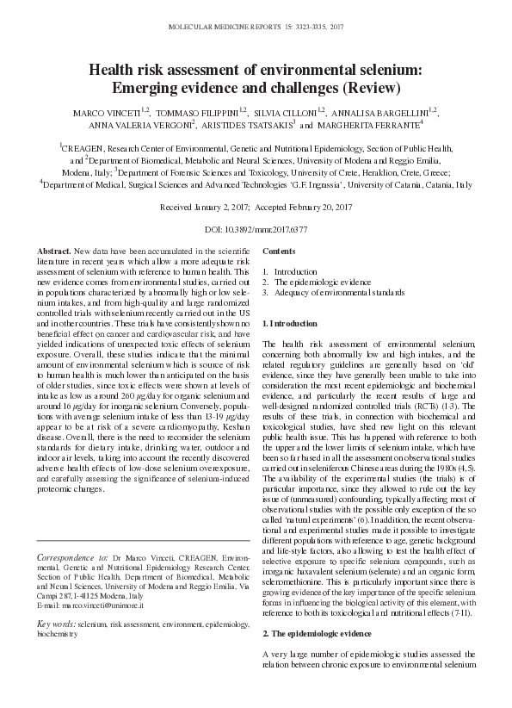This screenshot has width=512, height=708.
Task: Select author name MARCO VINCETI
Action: pyautogui.click(x=102, y=112)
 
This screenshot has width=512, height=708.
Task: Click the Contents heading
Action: pyautogui.click(x=279, y=251)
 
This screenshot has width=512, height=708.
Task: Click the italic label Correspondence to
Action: pyautogui.click(x=73, y=558)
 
